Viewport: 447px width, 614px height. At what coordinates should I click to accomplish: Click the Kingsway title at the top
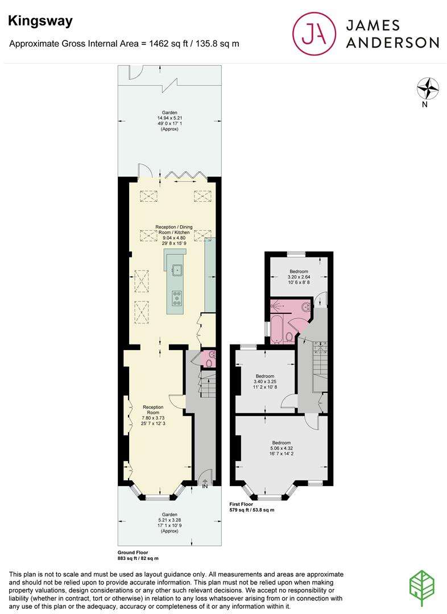(x=40, y=21)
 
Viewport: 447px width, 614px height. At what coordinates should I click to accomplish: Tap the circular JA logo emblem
(x=314, y=34)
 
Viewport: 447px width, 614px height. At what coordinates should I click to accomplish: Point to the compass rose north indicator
(x=428, y=89)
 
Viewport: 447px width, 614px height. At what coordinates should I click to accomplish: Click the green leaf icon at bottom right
(x=422, y=588)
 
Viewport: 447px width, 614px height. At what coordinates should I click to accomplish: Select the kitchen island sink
(x=177, y=269)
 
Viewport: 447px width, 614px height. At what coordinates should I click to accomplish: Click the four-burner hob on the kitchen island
(x=177, y=297)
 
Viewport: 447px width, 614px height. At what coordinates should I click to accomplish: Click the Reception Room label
(x=153, y=409)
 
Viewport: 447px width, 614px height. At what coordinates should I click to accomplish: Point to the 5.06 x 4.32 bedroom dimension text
(x=282, y=449)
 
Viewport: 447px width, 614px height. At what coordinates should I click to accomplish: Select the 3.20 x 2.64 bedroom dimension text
(x=299, y=277)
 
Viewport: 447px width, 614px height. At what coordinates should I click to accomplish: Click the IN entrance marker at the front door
(x=205, y=486)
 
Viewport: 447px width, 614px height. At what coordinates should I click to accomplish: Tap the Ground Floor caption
(x=133, y=553)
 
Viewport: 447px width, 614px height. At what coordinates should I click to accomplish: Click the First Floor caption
(x=241, y=504)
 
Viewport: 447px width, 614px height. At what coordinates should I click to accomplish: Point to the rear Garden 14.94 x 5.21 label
(x=169, y=121)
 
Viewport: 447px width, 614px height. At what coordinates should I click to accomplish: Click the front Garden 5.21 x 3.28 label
(x=169, y=523)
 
